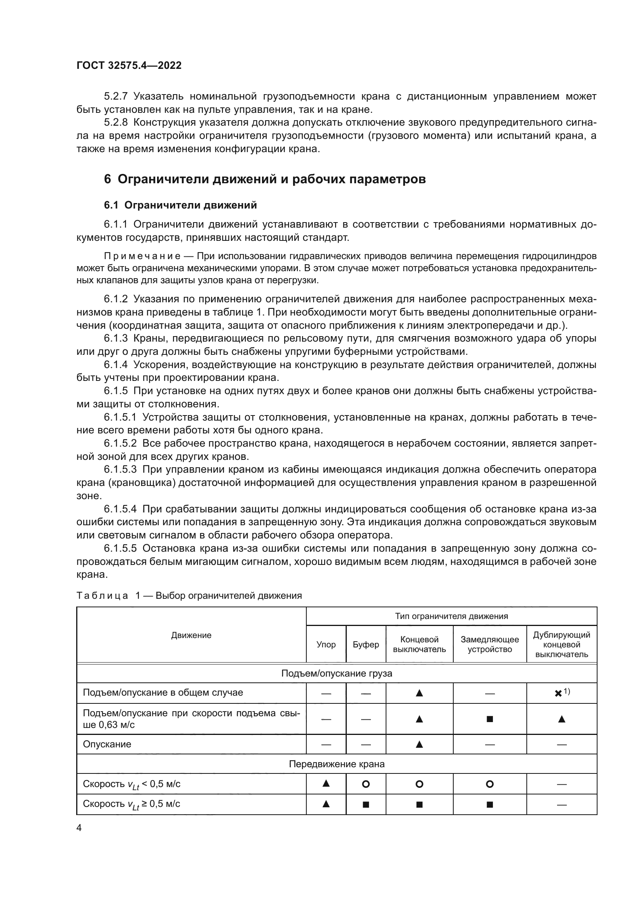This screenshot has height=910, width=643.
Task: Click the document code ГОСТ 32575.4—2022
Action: [x=129, y=65]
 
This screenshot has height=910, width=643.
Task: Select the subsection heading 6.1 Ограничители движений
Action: [x=180, y=205]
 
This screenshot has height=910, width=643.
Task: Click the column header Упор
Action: [x=326, y=644]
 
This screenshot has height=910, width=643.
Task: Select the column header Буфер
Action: [x=365, y=644]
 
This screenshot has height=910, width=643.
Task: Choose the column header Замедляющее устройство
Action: [x=489, y=644]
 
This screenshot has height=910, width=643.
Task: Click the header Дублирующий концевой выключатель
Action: [x=561, y=644]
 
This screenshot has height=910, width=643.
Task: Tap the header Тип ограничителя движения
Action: [x=451, y=616]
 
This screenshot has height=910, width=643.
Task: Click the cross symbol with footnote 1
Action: [x=558, y=693]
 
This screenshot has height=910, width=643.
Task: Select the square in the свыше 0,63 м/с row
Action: [x=489, y=719]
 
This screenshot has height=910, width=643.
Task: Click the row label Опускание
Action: [x=107, y=744]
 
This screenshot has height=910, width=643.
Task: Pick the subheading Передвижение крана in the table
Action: [x=337, y=764]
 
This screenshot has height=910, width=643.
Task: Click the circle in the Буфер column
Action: [x=365, y=784]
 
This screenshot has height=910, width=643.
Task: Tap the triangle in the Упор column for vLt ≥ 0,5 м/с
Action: [x=326, y=804]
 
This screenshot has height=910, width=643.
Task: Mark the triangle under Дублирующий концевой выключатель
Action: [x=561, y=719]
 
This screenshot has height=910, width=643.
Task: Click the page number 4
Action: [x=79, y=828]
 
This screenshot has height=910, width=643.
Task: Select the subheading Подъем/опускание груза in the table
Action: [x=337, y=673]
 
